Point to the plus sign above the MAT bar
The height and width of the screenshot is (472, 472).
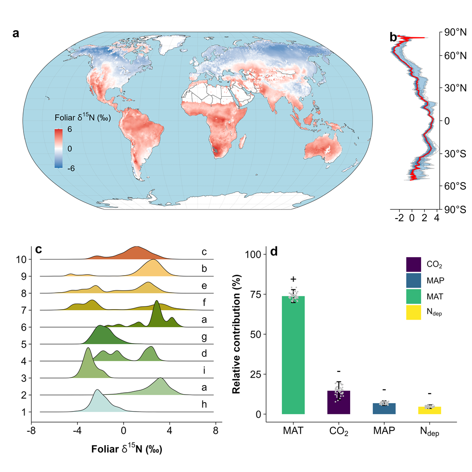click(x=293, y=279)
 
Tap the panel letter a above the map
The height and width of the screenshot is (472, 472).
click(x=16, y=34)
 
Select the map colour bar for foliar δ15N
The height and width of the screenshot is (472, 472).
click(x=59, y=148)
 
